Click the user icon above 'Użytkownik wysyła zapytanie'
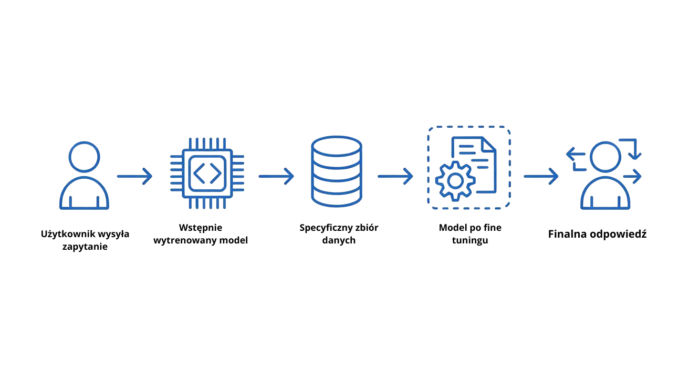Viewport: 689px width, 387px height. click(x=84, y=176)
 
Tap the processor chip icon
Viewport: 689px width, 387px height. click(x=207, y=174)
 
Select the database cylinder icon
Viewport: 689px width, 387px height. click(x=337, y=172)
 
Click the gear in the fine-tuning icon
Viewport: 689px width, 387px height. click(x=455, y=181)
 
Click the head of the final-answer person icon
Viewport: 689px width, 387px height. click(x=606, y=157)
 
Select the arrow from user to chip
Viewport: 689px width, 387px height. click(x=134, y=176)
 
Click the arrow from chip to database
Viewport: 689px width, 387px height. click(x=276, y=176)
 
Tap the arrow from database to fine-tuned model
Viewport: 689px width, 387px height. click(x=395, y=176)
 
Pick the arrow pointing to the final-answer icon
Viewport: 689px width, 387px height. click(x=541, y=176)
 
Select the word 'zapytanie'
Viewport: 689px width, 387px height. click(x=85, y=247)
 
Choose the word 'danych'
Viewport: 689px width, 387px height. click(x=339, y=240)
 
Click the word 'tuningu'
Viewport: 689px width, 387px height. click(x=470, y=241)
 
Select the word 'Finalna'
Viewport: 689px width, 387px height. click(x=567, y=234)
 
